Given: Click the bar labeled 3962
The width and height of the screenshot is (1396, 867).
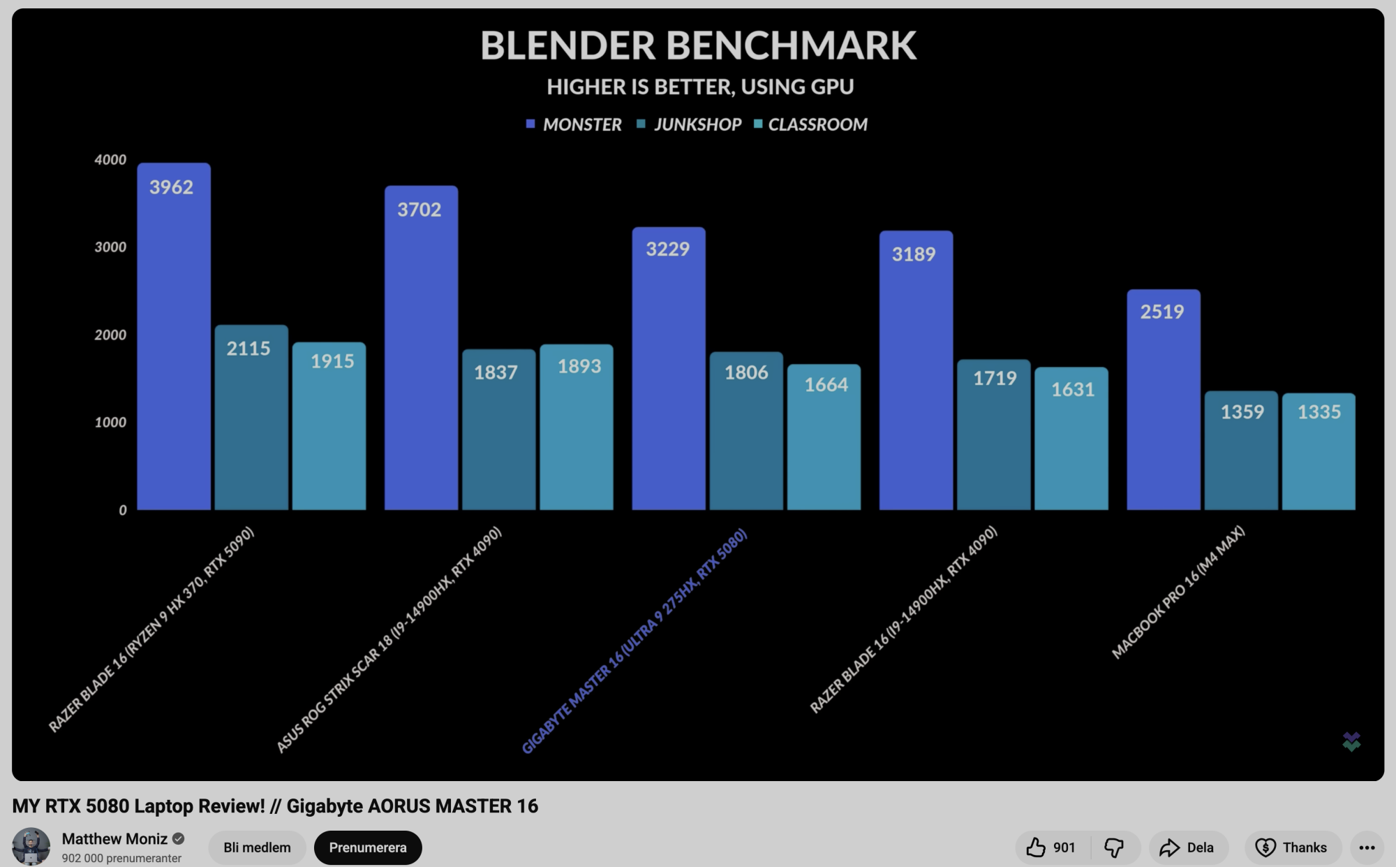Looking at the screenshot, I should pyautogui.click(x=174, y=336).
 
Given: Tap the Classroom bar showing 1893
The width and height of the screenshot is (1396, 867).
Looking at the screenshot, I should pyautogui.click(x=577, y=427).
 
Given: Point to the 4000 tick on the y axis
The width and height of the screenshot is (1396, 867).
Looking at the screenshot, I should pyautogui.click(x=110, y=160).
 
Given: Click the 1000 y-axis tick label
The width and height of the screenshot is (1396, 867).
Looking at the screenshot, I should pyautogui.click(x=110, y=423).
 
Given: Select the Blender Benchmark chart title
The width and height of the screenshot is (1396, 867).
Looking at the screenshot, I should pyautogui.click(x=698, y=45).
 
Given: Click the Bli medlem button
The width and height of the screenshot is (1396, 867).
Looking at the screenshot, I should pyautogui.click(x=257, y=847).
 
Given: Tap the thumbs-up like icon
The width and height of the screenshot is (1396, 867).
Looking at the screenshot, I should pyautogui.click(x=1037, y=847).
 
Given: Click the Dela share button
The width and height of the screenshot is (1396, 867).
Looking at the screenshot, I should pyautogui.click(x=1187, y=847).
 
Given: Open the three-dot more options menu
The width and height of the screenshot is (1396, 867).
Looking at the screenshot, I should pyautogui.click(x=1367, y=847).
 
